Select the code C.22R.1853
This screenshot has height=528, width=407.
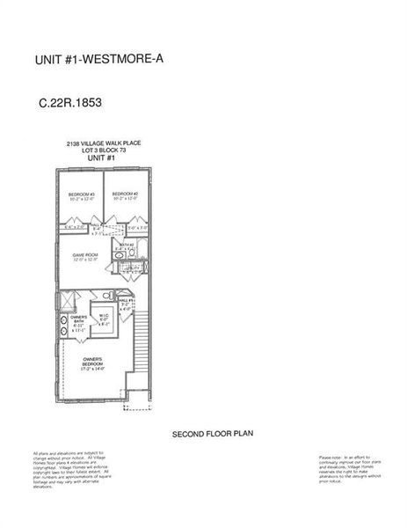[x=70, y=103]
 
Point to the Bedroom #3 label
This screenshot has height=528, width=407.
[x=81, y=195]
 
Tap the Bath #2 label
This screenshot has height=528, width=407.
[x=126, y=246]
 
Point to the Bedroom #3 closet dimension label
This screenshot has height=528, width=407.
[x=74, y=227]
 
